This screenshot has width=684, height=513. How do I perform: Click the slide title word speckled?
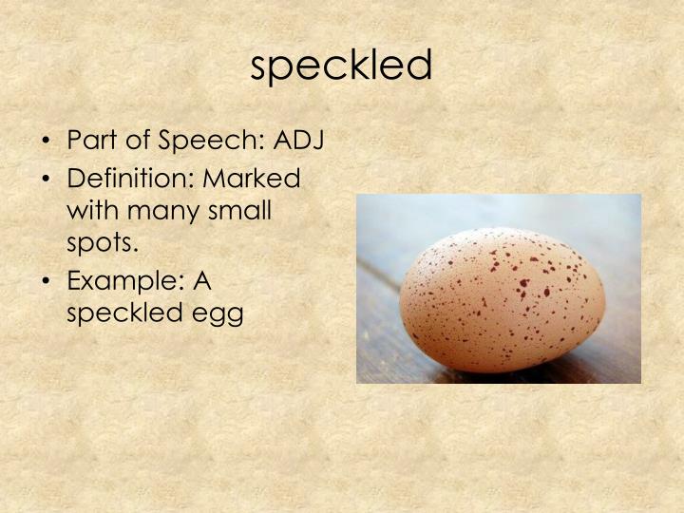[x=342, y=65]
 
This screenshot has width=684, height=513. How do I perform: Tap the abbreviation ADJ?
[x=299, y=141]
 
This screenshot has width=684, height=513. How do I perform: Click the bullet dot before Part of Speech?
[x=48, y=142]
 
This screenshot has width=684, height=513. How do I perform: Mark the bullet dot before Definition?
[x=48, y=178]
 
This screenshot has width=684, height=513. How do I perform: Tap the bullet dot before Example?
[x=48, y=280]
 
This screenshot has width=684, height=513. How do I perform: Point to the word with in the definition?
[x=89, y=210]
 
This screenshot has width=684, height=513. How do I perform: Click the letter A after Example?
[x=200, y=280]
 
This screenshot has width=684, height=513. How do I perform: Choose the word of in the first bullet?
[x=138, y=141]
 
